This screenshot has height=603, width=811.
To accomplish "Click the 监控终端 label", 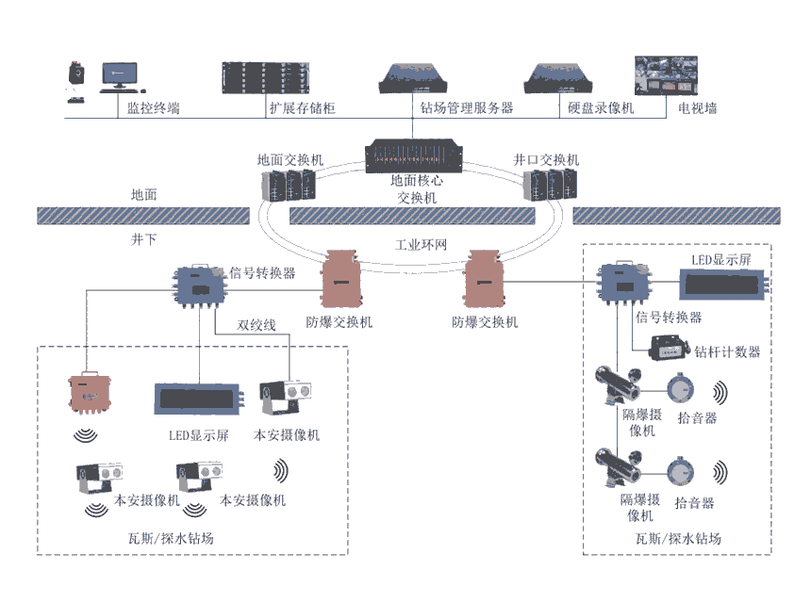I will click(x=154, y=108).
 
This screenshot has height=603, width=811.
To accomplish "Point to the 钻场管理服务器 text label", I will click(x=467, y=108).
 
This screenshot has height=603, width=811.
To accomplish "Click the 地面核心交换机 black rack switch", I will click(x=415, y=155).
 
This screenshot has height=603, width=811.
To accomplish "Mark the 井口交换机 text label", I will click(x=546, y=160).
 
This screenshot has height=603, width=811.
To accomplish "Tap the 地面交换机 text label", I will click(x=290, y=160).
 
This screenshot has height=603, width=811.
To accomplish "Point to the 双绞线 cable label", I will click(x=257, y=325).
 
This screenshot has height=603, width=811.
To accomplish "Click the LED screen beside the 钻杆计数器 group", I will click(x=722, y=282).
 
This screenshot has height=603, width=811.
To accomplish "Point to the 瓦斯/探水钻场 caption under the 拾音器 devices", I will click(x=678, y=539).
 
